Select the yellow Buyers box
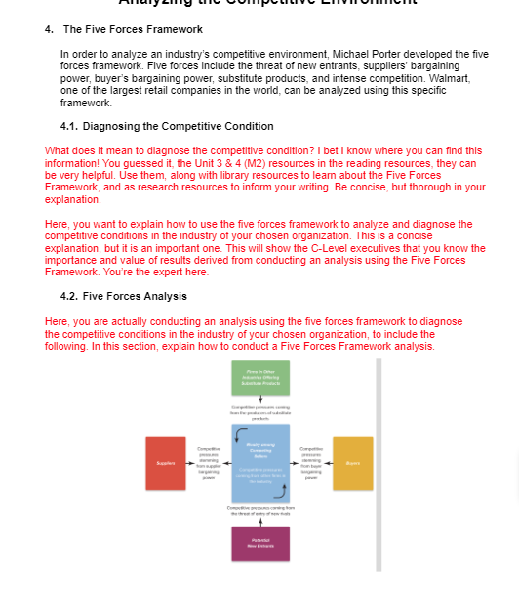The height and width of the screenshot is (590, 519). point(352,464)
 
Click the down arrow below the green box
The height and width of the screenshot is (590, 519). point(259,398)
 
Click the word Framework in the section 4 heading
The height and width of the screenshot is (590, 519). point(175,29)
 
